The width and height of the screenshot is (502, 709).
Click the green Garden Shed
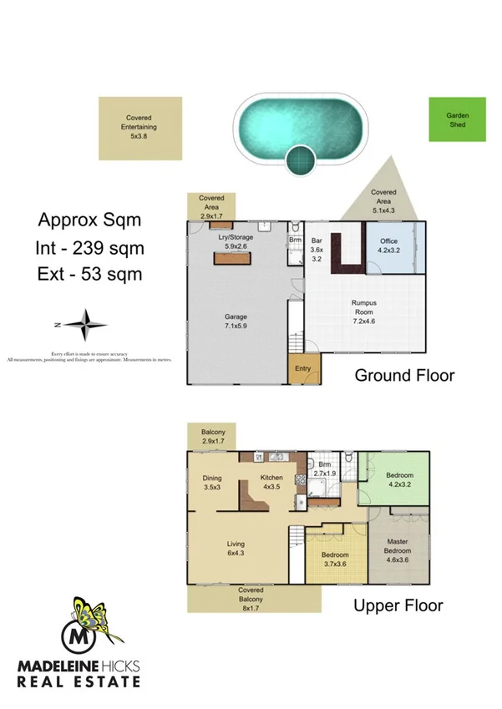456,119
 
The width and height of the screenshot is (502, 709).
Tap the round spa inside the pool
300,158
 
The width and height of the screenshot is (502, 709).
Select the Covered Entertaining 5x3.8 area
139,128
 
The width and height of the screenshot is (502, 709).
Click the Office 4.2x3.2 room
390,247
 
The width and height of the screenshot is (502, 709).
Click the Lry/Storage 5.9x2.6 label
235,241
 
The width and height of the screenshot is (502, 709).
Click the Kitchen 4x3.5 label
271,481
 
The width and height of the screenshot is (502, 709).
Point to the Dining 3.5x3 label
212,483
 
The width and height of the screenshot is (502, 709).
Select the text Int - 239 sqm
89,248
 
